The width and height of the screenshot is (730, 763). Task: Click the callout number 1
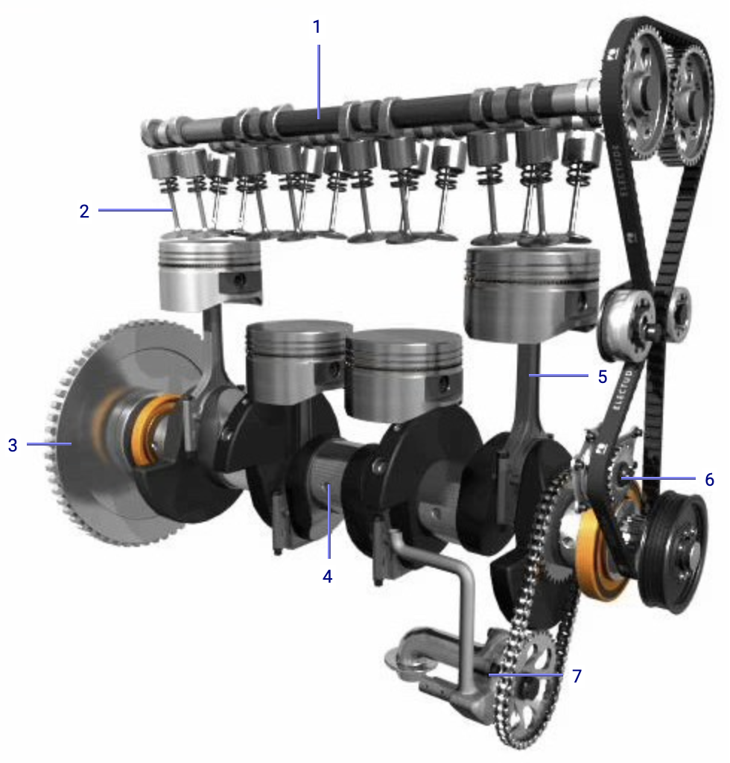click(x=317, y=28)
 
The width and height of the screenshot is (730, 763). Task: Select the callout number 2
click(x=84, y=211)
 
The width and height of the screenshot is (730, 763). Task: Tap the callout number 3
click(x=13, y=446)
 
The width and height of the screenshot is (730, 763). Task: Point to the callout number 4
click(x=327, y=576)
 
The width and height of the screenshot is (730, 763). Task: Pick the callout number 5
click(x=603, y=376)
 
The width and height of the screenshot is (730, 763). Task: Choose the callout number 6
click(x=709, y=479)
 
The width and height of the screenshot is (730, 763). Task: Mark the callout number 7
click(x=577, y=676)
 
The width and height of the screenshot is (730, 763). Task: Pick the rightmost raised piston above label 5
click(x=533, y=291)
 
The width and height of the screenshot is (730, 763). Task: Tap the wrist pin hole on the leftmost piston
click(x=239, y=281)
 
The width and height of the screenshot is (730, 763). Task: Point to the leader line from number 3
click(x=48, y=444)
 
